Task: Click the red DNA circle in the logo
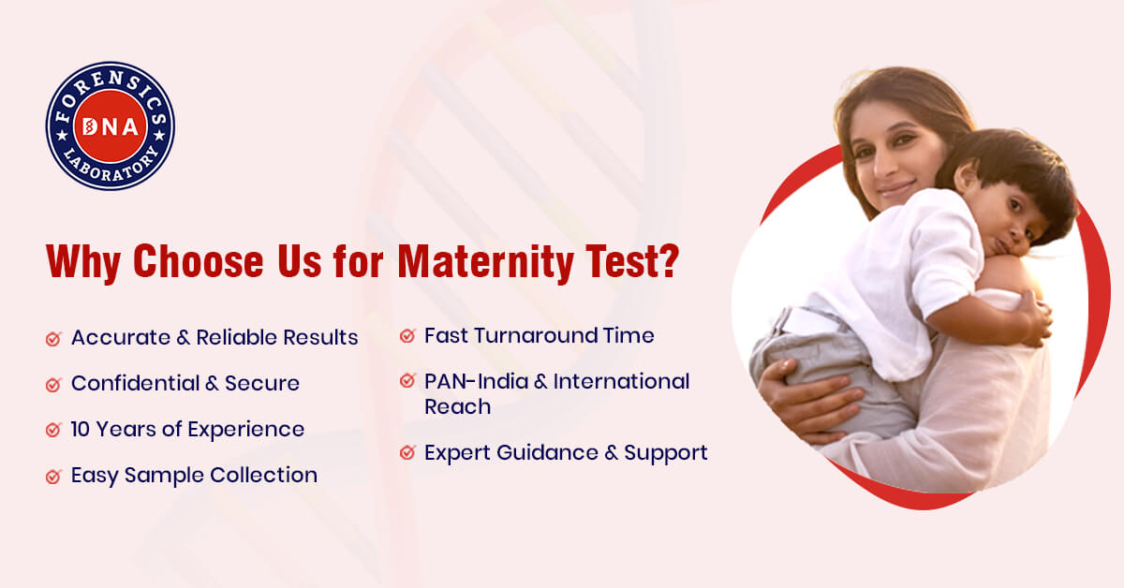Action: click(x=111, y=125)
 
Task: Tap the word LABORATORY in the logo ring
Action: click(x=111, y=166)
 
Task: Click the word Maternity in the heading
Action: click(x=486, y=261)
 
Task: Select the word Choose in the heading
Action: click(x=199, y=260)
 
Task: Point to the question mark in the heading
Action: click(x=668, y=260)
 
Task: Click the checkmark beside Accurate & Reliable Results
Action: click(x=53, y=339)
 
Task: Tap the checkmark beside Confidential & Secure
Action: click(x=53, y=384)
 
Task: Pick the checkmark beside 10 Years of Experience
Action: click(x=53, y=430)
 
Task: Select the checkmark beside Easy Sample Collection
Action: click(x=53, y=477)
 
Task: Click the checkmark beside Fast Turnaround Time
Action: click(x=407, y=335)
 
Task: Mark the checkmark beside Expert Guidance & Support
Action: click(x=407, y=452)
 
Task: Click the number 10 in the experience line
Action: click(x=80, y=430)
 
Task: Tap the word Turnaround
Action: click(x=536, y=335)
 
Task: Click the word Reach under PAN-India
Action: click(x=458, y=407)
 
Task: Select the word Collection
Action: click(x=263, y=475)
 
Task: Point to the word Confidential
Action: click(x=136, y=383)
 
